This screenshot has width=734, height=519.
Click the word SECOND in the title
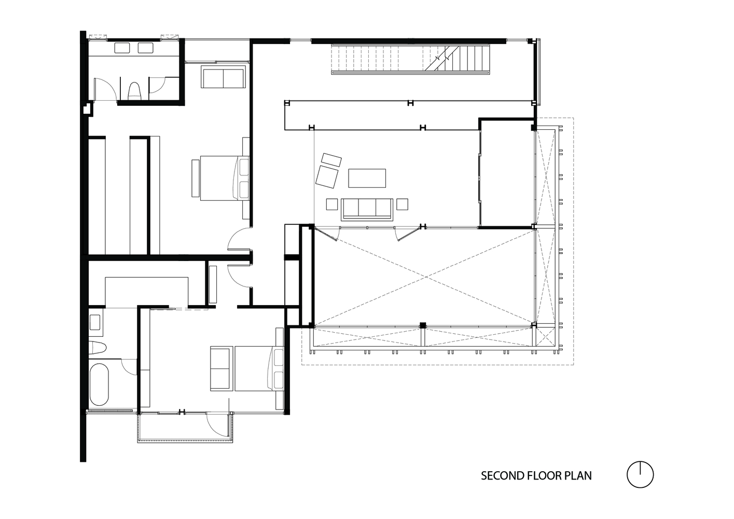coord(502,476)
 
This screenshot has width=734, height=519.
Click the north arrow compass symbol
coord(640,474)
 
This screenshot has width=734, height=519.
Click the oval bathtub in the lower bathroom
coord(99,385)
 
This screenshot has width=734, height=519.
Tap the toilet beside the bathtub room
coord(98,348)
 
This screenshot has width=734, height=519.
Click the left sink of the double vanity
coord(122,48)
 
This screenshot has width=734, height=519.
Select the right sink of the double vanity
coord(146,48)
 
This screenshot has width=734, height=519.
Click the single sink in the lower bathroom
coord(95,322)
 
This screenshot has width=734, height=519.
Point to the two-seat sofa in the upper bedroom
coord(223,77)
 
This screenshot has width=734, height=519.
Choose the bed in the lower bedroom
coord(259,368)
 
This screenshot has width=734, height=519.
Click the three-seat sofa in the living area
coord(367,209)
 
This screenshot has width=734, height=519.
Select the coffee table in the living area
coord(367,179)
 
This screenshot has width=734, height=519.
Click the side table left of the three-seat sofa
coord(332,204)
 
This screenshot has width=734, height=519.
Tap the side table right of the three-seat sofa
coord(403,204)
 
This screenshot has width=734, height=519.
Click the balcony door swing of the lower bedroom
coord(216,424)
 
